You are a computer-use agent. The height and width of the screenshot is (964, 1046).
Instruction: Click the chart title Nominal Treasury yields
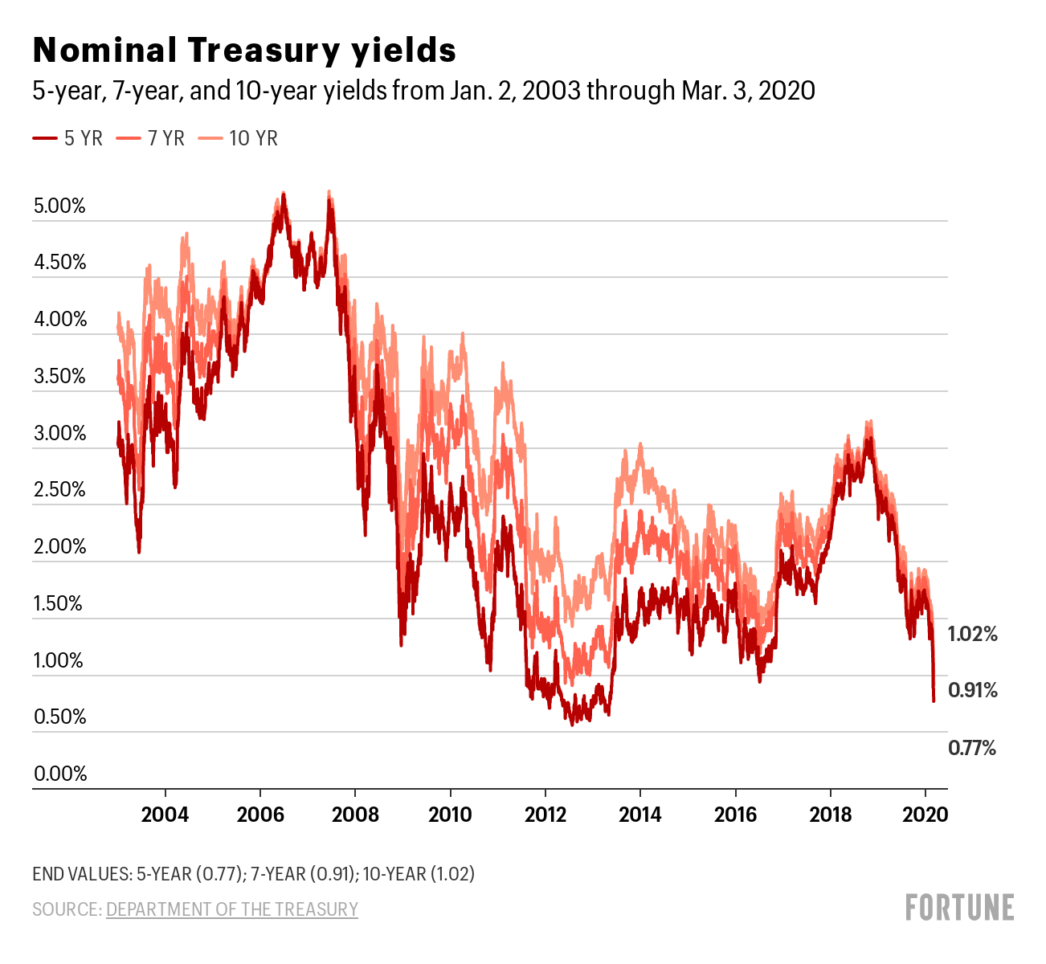pos(244,51)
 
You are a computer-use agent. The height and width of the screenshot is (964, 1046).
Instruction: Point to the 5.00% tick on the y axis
pos(59,206)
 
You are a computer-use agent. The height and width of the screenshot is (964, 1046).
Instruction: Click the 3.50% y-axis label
pos(59,377)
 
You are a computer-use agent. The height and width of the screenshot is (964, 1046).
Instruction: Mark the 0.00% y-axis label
pos(59,774)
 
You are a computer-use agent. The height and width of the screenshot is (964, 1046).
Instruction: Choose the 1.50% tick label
pos(59,604)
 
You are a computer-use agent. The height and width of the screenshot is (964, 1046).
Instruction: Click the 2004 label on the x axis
pos(165,815)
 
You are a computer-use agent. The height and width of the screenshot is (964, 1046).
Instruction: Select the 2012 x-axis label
pos(545,815)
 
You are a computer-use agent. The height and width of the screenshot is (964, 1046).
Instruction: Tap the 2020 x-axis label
pos(925,815)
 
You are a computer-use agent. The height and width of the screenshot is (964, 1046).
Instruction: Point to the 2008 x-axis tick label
pos(355,815)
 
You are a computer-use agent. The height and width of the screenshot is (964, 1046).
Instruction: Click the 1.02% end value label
pos(973,634)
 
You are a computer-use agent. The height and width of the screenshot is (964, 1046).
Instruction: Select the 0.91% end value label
pos(973,690)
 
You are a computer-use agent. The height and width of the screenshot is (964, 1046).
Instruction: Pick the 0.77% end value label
pos(972,749)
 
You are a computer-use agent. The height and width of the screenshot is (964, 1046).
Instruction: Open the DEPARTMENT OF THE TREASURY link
pos(231,909)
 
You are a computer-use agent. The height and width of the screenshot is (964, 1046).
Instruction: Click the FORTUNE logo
pos(959,907)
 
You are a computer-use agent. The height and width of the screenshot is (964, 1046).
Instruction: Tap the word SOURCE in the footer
pos(66,909)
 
